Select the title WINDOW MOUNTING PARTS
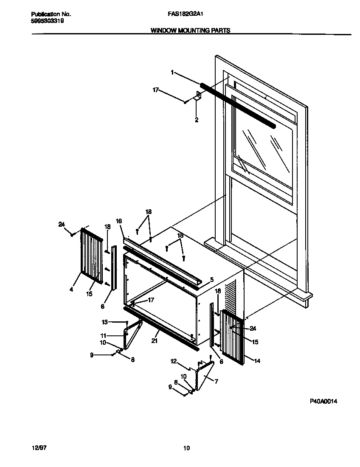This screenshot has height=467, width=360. click(191, 31)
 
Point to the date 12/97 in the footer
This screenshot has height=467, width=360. click(38, 448)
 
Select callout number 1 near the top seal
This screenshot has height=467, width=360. click(172, 73)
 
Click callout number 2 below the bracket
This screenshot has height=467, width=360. click(197, 120)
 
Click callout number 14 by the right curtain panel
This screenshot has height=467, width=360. click(257, 361)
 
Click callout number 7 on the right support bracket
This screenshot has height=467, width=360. click(216, 382)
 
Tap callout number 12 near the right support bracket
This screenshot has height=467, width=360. click(174, 361)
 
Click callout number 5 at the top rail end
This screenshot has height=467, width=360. click(212, 280)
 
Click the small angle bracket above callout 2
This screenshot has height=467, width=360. click(198, 97)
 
